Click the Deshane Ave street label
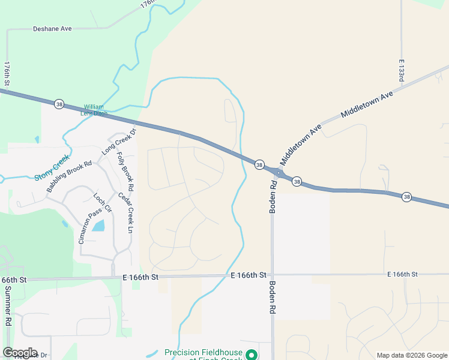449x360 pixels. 52,28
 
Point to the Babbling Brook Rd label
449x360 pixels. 69,176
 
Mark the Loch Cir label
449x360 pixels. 103,203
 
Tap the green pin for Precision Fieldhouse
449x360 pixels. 253,355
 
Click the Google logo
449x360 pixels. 20,353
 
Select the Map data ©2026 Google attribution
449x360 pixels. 412,355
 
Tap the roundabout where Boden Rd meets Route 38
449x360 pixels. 279,173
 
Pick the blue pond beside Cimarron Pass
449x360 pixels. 98,226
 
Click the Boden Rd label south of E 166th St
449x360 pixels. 272,298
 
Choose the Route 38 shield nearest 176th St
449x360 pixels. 59,104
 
